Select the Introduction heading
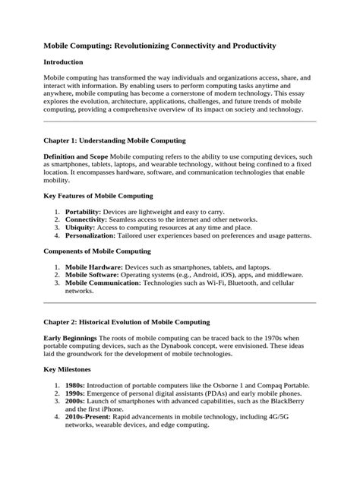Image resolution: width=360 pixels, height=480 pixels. tap(69, 62)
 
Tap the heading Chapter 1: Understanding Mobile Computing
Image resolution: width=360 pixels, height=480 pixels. tap(121, 141)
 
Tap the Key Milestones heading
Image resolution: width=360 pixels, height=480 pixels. tap(73, 377)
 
